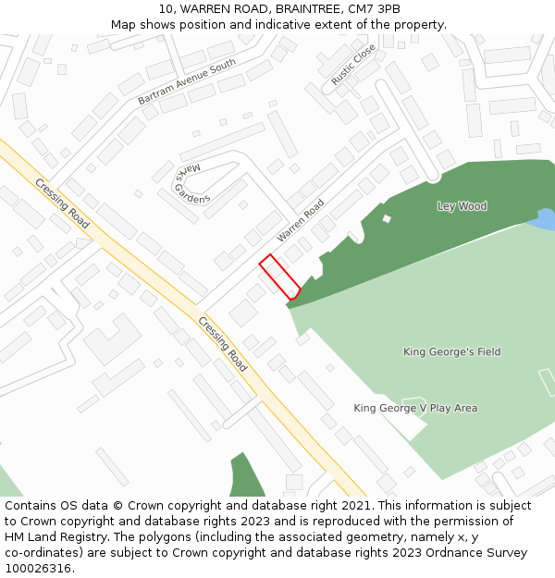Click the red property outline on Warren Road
[279, 276]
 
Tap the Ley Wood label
[462, 206]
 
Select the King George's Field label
[451, 351]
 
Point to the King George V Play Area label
[415, 408]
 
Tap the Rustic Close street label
[353, 65]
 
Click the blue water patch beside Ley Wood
[544, 219]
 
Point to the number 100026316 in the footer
[38, 569]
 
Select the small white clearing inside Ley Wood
[387, 218]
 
